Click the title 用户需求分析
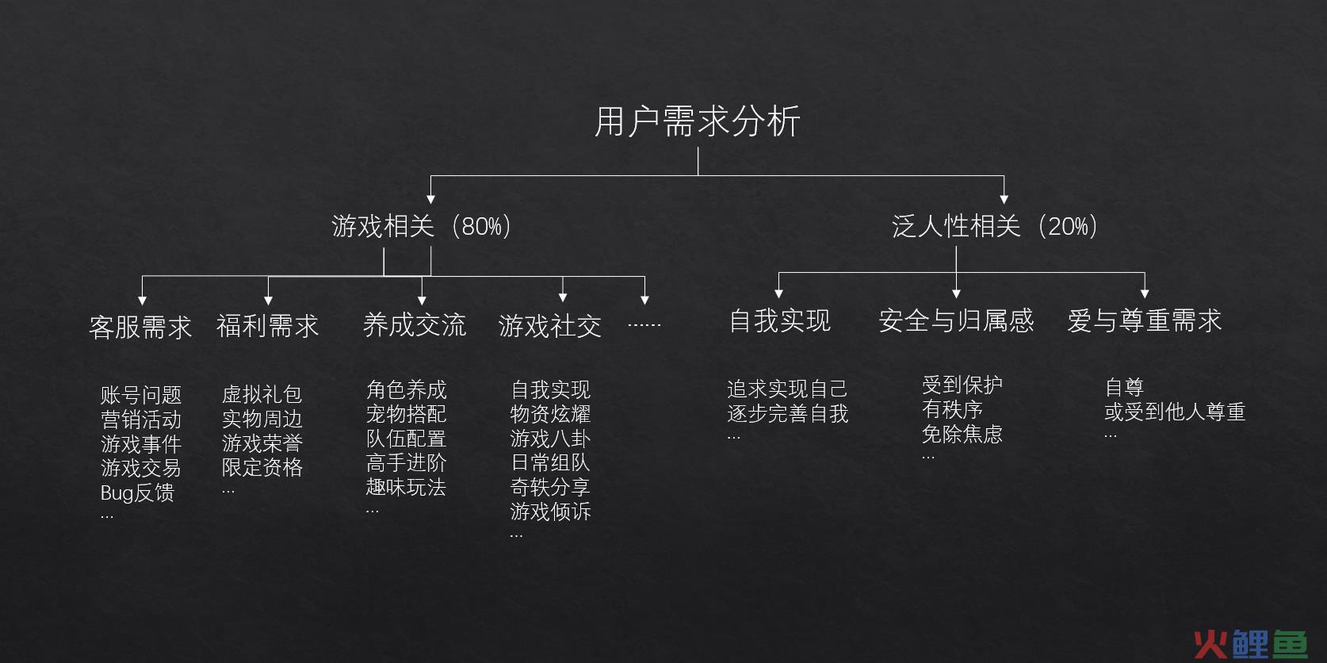click(698, 121)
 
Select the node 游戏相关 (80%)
click(421, 226)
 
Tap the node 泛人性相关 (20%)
click(995, 226)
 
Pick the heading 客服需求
click(140, 327)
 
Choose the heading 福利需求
click(268, 326)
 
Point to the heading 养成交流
click(415, 325)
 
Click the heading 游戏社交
click(550, 326)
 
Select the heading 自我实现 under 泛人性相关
click(780, 320)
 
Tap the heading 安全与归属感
click(956, 320)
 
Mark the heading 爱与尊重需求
click(1145, 320)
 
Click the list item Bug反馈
click(137, 493)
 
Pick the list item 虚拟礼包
click(262, 394)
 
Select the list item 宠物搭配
click(407, 414)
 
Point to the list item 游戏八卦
click(550, 439)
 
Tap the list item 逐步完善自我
click(788, 413)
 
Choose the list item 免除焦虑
click(962, 435)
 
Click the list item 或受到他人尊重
click(1176, 412)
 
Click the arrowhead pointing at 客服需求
click(142, 300)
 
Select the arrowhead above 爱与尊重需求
click(1145, 293)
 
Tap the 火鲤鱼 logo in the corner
click(1251, 643)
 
